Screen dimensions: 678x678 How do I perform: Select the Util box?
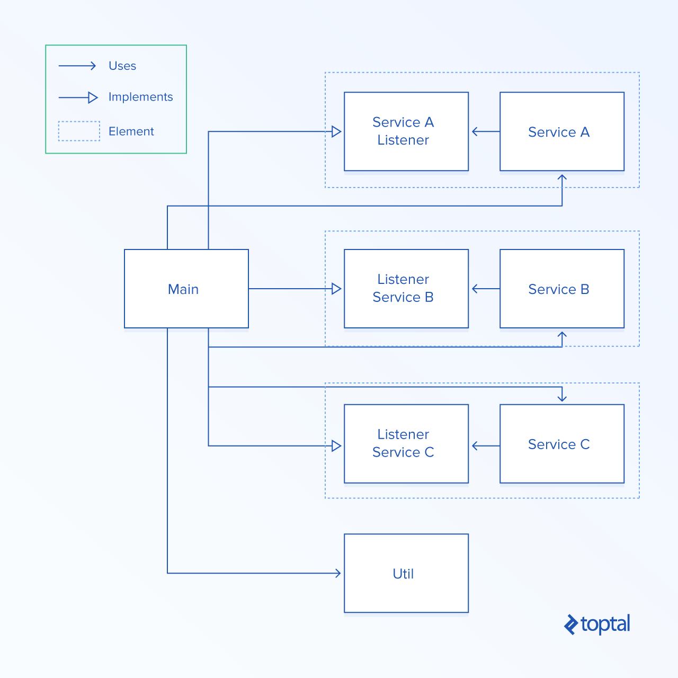point(406,573)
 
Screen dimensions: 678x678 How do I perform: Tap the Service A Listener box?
point(406,131)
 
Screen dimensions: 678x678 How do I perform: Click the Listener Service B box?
point(406,289)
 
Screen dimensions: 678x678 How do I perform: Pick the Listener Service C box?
point(406,444)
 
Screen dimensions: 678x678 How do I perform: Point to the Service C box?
point(561,444)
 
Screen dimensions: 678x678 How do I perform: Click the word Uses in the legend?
point(122,66)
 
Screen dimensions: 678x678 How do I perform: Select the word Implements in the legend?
point(140,97)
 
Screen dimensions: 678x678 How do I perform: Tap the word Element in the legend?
point(131,131)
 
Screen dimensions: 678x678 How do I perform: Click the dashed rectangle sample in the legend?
point(79,131)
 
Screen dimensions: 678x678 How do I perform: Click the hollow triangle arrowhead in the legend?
point(93,97)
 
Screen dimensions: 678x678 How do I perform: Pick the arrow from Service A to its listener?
point(485,131)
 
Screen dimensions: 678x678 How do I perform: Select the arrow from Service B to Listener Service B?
point(485,289)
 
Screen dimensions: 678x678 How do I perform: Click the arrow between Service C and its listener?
point(485,446)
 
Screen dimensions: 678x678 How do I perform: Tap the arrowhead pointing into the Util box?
point(338,573)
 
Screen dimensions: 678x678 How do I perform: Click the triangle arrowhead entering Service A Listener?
point(336,131)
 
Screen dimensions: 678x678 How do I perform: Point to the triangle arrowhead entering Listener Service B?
point(336,289)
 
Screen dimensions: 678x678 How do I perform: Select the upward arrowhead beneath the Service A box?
point(562,179)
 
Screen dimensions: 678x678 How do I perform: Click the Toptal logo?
point(597,625)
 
